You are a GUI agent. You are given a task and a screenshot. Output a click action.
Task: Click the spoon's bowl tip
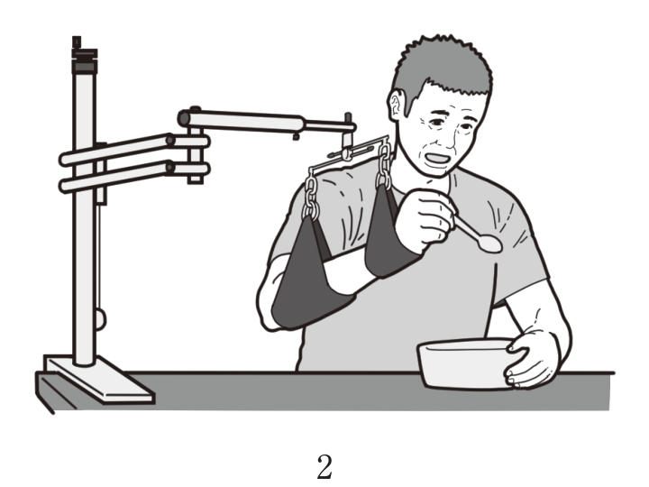coord(501,247)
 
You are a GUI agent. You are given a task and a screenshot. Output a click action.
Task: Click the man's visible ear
coord(396,106)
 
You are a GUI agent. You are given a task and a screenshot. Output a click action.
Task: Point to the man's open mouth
coord(438,159)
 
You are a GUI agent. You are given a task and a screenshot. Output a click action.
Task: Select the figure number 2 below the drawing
coord(324,467)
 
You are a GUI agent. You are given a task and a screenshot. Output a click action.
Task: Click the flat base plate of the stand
coord(99,378)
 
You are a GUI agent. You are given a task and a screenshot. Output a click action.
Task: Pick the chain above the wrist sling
coord(384,166)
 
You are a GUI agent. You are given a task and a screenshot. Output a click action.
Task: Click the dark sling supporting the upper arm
coord(308,278)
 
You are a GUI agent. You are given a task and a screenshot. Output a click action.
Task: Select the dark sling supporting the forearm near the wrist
coord(387,236)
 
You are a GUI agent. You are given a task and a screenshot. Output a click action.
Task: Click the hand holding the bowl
coord(532,359)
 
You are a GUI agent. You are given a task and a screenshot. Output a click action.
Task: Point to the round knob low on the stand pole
coord(101,319)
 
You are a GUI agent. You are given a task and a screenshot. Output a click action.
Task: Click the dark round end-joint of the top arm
coord(184,118)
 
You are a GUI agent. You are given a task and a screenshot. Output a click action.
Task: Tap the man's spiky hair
coord(443,70)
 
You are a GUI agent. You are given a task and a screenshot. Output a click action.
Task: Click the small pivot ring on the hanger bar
coord(347,154)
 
